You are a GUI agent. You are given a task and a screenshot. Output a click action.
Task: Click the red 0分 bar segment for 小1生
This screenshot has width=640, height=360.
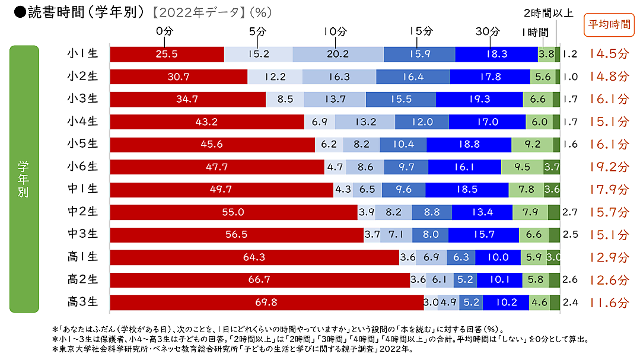tap(167, 54)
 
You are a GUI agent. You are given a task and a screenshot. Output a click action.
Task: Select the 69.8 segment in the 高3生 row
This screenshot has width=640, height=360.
tap(267, 302)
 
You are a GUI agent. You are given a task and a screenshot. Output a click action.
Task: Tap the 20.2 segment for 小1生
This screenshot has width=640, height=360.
tap(338, 54)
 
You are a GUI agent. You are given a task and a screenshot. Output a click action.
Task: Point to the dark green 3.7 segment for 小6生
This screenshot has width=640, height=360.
tap(552, 167)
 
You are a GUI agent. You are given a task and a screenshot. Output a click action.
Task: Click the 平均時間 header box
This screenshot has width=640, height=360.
tap(609, 25)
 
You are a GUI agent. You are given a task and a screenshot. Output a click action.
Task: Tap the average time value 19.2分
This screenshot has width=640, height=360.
tap(609, 167)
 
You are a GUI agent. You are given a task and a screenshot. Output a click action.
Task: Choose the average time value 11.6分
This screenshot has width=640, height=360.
tap(609, 302)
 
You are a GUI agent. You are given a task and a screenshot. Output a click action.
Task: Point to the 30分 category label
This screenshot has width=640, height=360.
tap(491, 31)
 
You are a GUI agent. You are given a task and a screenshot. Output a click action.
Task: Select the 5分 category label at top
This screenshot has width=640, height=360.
tap(257, 31)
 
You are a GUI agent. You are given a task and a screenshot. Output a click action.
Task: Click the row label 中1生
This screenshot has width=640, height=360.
tap(82, 190)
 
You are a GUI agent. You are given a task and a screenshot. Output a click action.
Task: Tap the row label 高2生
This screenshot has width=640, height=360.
tap(82, 280)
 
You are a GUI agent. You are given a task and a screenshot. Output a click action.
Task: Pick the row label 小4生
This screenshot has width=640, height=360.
tap(82, 122)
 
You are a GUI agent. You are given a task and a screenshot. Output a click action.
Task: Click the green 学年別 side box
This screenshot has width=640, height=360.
tap(24, 179)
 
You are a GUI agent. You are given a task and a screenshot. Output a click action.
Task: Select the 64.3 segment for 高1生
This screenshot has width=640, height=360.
tap(254, 257)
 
